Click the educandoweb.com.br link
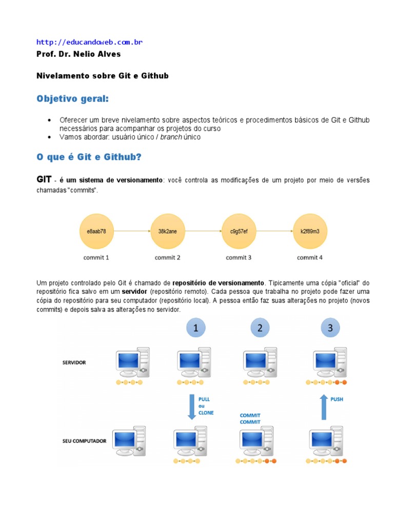tap(89, 42)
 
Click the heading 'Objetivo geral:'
tap(72, 98)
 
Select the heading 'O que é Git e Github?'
tap(89, 157)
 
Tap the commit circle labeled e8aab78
tap(96, 231)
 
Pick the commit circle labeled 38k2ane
tap(168, 231)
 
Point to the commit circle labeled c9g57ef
tap(239, 231)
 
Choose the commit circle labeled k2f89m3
tap(310, 231)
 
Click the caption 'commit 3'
tap(239, 257)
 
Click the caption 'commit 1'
tap(96, 257)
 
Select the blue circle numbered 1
tap(195, 328)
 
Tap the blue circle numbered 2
tap(260, 328)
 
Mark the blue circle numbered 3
tap(330, 328)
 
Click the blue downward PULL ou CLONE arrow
tap(191, 407)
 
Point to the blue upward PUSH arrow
tap(323, 407)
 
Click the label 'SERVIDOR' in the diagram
tap(74, 362)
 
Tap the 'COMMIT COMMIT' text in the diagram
tap(250, 418)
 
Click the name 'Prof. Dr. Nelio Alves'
tap(78, 54)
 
